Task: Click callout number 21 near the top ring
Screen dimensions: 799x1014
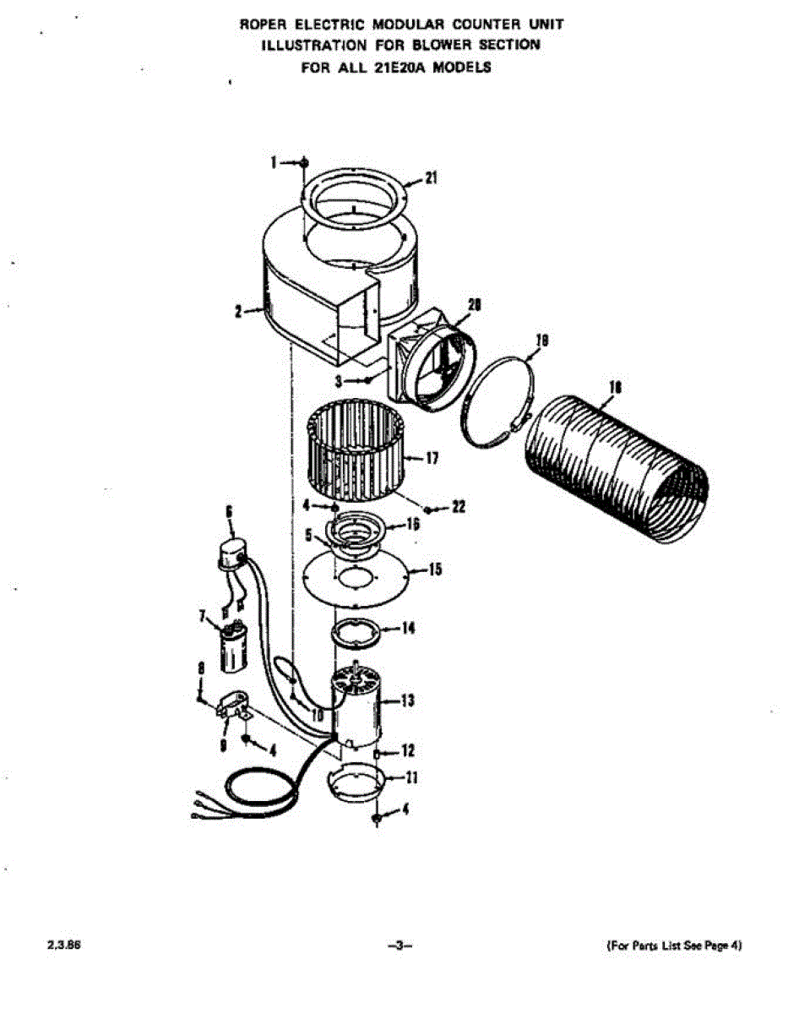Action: pyautogui.click(x=432, y=177)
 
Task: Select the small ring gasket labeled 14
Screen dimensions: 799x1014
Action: pyautogui.click(x=353, y=631)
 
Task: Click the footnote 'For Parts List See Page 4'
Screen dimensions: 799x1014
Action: pyautogui.click(x=675, y=946)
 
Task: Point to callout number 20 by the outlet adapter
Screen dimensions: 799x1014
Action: pyautogui.click(x=474, y=306)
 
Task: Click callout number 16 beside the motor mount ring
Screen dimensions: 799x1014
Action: pyautogui.click(x=413, y=524)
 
